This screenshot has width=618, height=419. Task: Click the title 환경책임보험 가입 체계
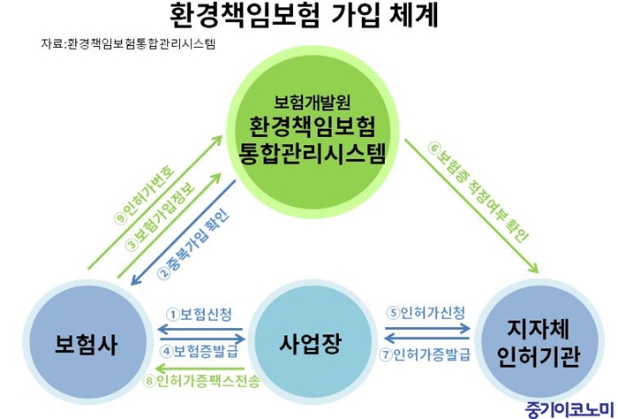[304, 16]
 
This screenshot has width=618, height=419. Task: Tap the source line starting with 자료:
[129, 43]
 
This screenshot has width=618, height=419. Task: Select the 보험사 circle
[86, 342]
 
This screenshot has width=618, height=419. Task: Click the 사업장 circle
[310, 342]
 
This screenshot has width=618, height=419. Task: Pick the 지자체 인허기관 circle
[539, 342]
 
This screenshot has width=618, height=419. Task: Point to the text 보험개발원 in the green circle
[313, 103]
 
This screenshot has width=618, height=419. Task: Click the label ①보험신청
[199, 315]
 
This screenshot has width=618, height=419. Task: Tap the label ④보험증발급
[199, 351]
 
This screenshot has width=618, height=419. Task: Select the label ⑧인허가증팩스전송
[201, 381]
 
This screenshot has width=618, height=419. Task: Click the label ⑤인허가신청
[426, 312]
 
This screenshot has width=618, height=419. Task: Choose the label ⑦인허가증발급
[426, 354]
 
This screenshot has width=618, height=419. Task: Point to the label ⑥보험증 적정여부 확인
[479, 192]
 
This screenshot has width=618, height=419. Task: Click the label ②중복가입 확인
[194, 244]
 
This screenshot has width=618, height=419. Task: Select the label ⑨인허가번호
[144, 194]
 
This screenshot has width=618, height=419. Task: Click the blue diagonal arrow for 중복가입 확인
[184, 232]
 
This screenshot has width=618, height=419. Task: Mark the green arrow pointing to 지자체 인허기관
[471, 206]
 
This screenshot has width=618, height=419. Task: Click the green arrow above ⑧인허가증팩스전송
[200, 369]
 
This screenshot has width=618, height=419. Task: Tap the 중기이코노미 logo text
[570, 410]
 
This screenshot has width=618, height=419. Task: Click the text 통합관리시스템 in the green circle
[313, 153]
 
